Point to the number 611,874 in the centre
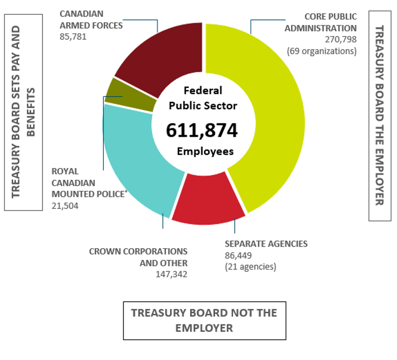pos(202,130)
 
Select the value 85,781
pos(73,37)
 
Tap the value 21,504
pos(65,206)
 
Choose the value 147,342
pos(171,274)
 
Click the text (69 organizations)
pos(322,51)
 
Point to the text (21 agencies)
pos(251,267)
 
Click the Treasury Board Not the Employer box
pos(204,320)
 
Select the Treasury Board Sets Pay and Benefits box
pos(23,112)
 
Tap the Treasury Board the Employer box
pos(379,115)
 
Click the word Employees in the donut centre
pos(205,151)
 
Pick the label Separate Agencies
pos(266,244)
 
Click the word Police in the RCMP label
pos(110,194)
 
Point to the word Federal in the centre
pos(203,90)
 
